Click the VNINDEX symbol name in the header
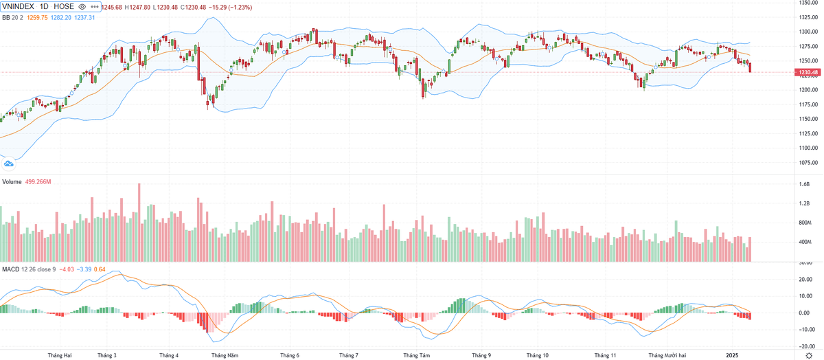pyautogui.click(x=19, y=6)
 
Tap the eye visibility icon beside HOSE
pyautogui.click(x=82, y=6)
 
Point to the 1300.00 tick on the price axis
pyautogui.click(x=808, y=32)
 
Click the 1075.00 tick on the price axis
pyautogui.click(x=808, y=163)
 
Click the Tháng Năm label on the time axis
pyautogui.click(x=225, y=355)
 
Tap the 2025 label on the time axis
pyautogui.click(x=732, y=355)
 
